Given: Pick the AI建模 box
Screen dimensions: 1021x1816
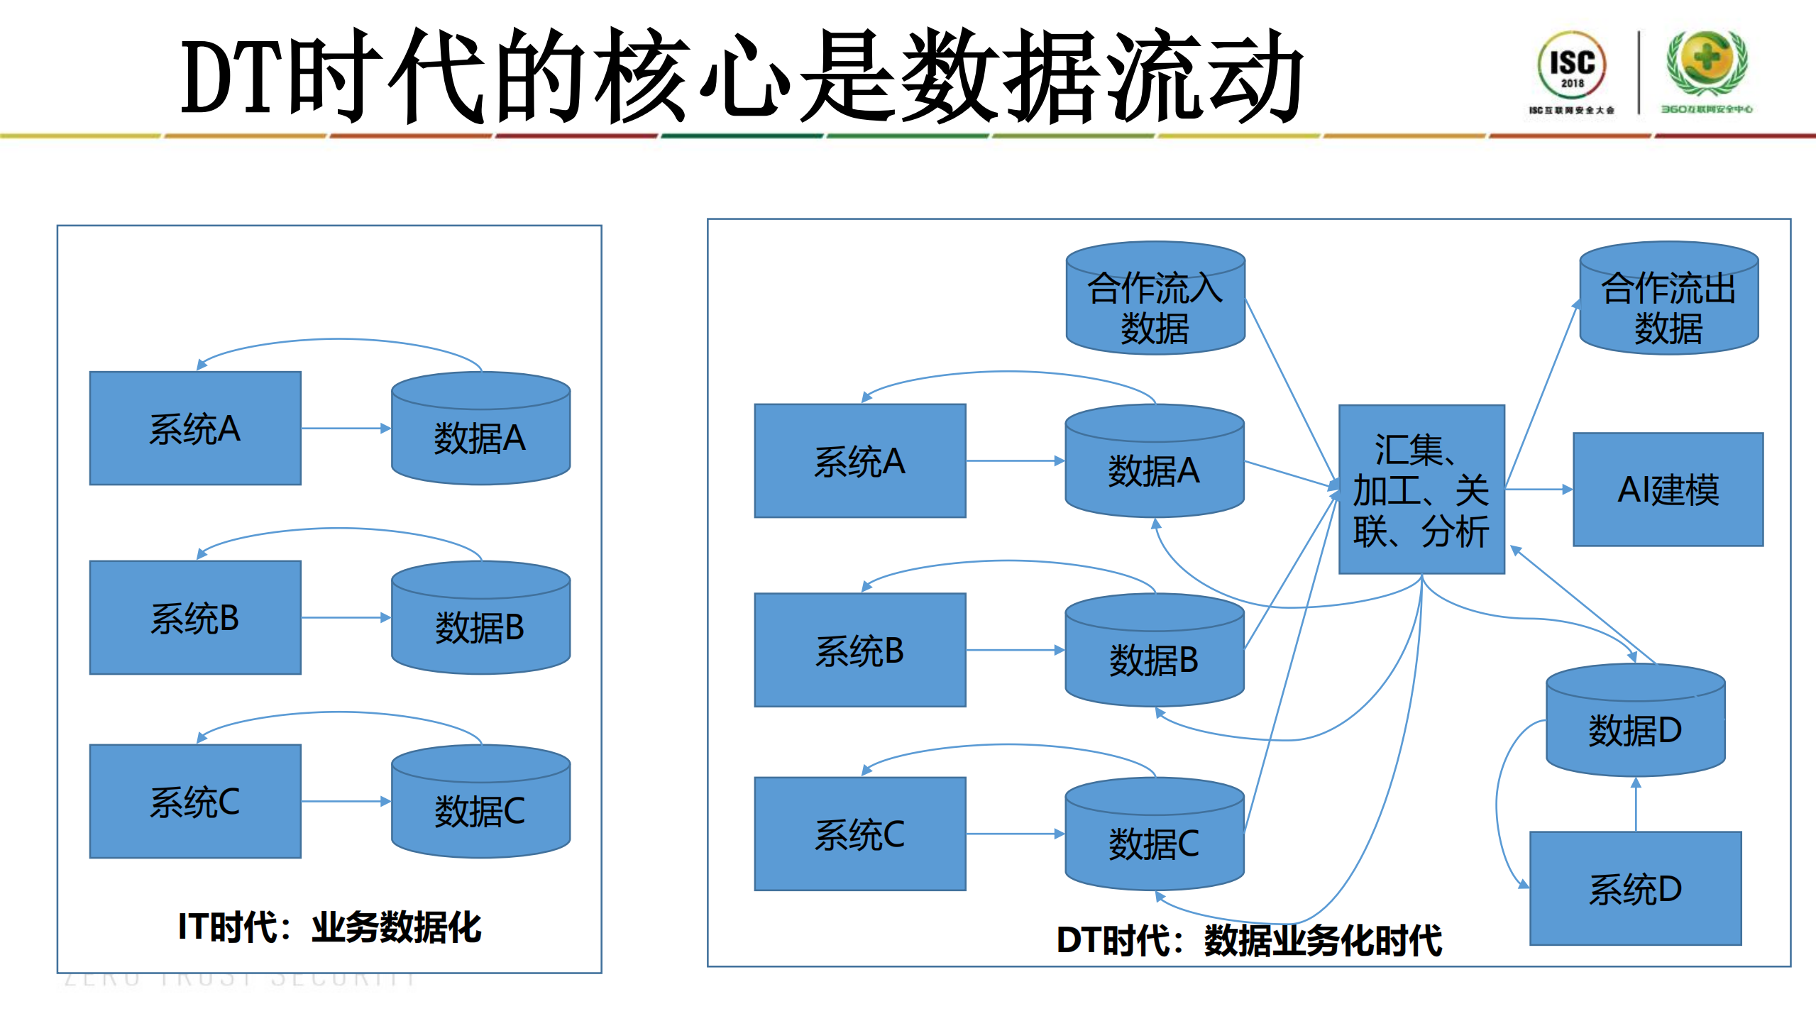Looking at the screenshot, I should [x=1667, y=490].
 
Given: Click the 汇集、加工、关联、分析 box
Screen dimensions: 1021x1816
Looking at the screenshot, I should [x=1421, y=490].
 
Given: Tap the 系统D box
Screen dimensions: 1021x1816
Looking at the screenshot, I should [x=1635, y=888].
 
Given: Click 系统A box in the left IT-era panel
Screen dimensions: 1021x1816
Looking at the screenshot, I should [x=195, y=429].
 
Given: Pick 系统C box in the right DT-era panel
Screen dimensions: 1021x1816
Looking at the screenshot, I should [x=859, y=834].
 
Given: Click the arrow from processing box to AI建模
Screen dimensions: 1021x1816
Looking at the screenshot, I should [x=1537, y=489].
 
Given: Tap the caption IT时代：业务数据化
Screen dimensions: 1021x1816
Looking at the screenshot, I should [x=329, y=927].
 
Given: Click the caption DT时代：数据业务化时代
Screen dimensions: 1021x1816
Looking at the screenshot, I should [x=1249, y=940].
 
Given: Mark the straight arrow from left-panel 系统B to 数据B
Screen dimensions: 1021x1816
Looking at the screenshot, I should [x=345, y=618].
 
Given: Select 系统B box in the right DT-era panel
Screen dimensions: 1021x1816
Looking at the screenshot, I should [x=859, y=650].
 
